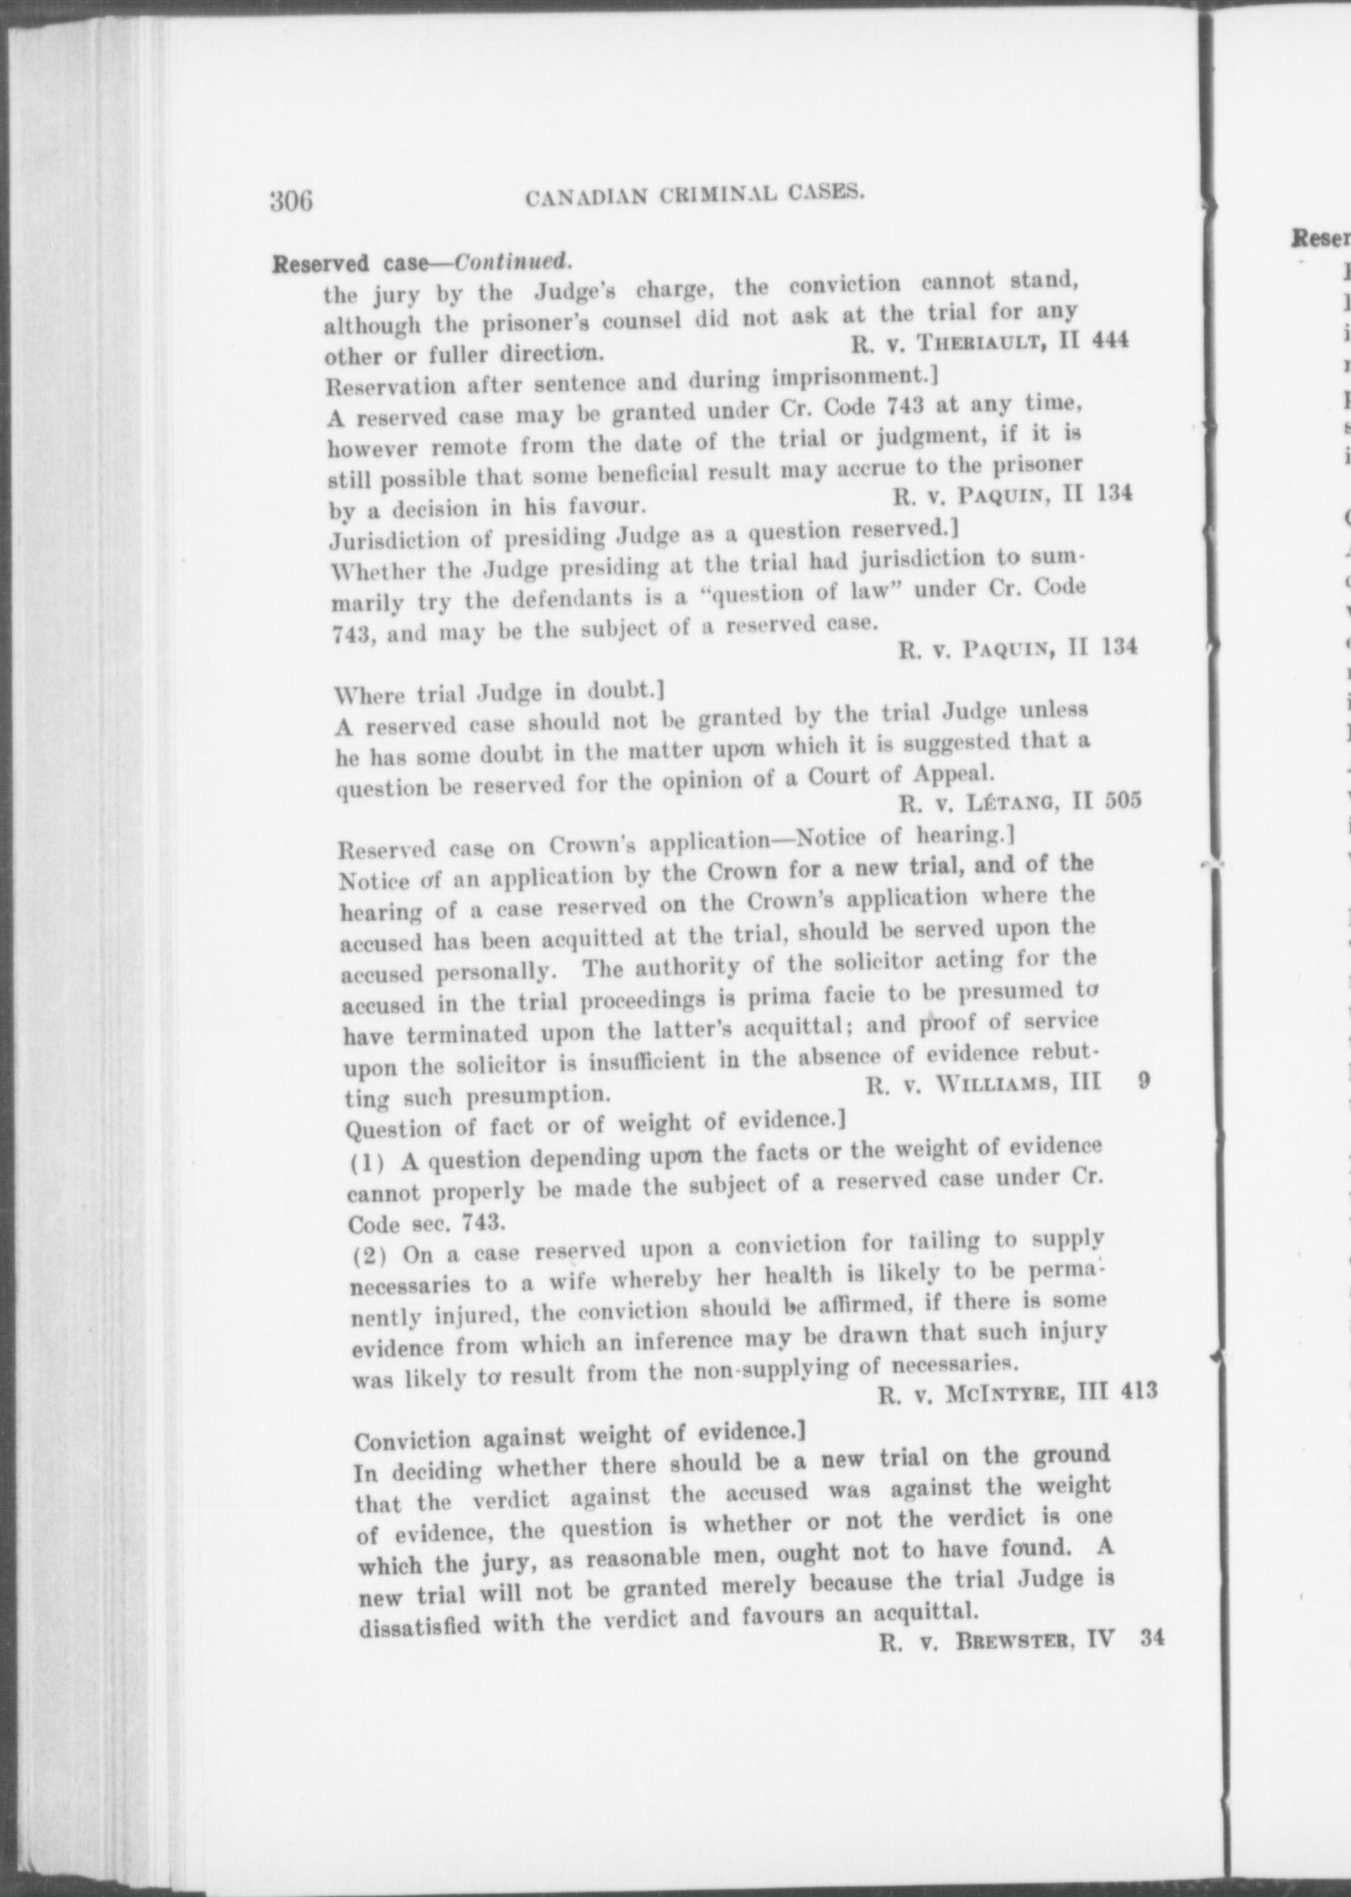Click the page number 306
[x=291, y=200]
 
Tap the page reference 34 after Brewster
[x=1151, y=1637]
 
